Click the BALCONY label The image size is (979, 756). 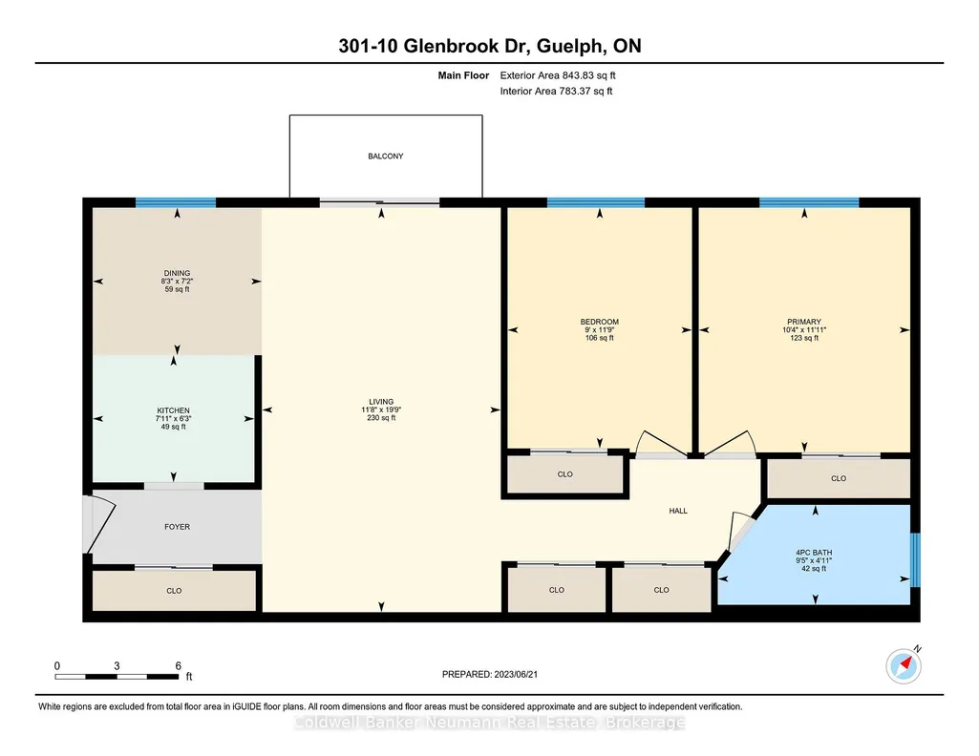coord(385,156)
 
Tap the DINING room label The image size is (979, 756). coord(177,273)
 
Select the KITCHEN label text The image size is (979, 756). coord(173,410)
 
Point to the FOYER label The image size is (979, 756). coord(178,527)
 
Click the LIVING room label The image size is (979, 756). coord(381,402)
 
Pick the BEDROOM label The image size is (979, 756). coord(600,322)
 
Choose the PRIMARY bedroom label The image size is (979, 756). coord(804,322)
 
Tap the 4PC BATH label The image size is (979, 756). coord(814,553)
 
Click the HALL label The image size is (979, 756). coord(678,511)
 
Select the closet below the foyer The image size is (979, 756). coord(174,590)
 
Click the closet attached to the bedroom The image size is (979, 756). coord(565,474)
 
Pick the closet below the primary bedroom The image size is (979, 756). coord(839,478)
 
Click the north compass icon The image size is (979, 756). coord(904,665)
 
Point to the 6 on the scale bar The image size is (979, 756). coord(178,666)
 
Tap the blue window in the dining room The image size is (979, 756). coord(176,202)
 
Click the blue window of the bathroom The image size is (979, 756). coord(915,559)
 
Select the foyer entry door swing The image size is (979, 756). coord(100,524)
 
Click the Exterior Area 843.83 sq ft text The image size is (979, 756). coord(558,75)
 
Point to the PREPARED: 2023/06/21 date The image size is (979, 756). coord(489,674)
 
